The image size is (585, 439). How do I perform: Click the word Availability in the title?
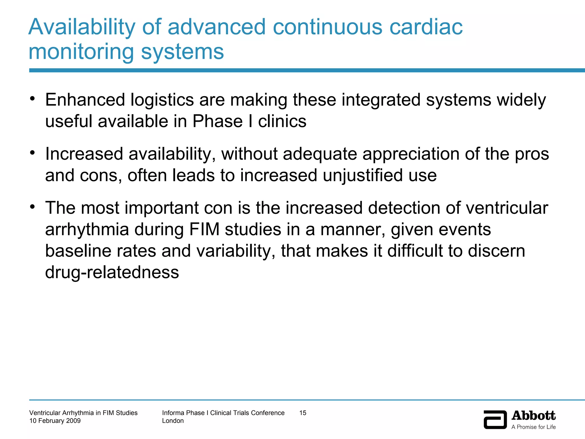tap(82, 27)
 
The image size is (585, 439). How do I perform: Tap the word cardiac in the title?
tap(426, 27)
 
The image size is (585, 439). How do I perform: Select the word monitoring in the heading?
tap(81, 52)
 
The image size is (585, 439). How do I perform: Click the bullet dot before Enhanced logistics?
tap(33, 99)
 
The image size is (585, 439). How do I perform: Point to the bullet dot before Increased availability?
tap(33, 153)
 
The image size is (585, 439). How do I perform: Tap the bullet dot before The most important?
tap(33, 206)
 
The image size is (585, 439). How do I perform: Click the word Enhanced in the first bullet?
tap(85, 100)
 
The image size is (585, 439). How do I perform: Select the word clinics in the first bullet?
tap(282, 121)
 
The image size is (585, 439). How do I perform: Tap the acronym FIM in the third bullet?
tap(204, 230)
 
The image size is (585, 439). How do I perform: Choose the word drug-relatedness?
tap(112, 272)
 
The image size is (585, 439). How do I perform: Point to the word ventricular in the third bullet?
tap(507, 208)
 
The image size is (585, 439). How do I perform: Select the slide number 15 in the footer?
tap(303, 413)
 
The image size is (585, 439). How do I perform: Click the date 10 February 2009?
tap(55, 421)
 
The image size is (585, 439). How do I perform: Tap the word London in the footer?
tap(173, 421)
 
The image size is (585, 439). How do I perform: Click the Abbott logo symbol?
tap(495, 419)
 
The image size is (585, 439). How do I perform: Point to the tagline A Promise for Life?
tap(533, 427)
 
